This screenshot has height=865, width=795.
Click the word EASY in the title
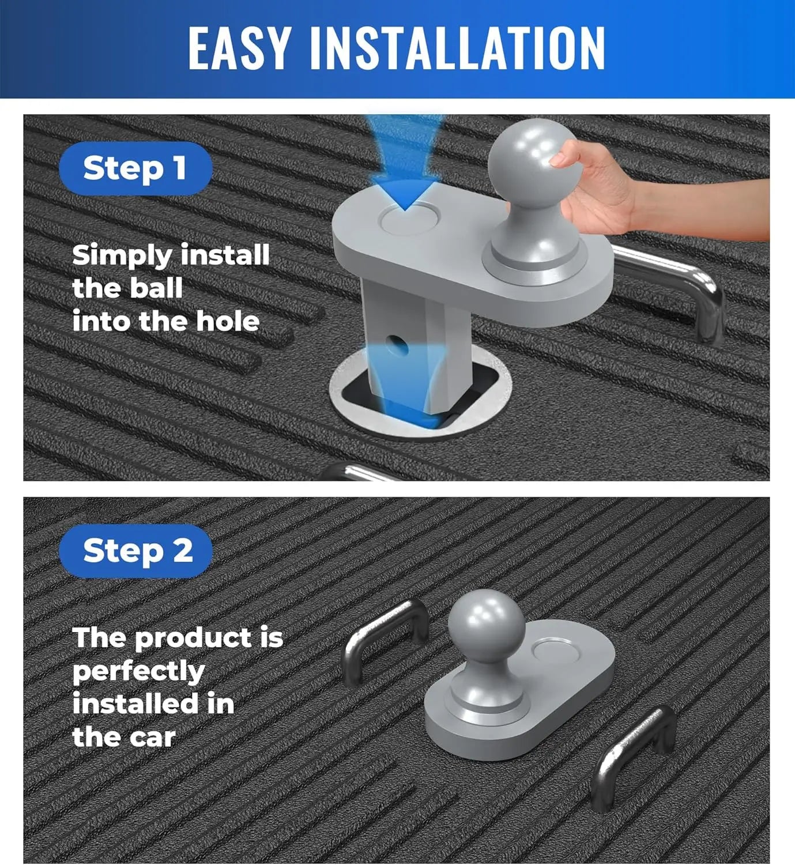tap(239, 48)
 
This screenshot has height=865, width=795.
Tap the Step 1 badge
tap(135, 168)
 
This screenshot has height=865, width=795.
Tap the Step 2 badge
tap(135, 551)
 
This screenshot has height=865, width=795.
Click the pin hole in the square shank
tap(397, 345)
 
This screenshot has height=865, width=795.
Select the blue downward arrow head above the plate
tap(405, 192)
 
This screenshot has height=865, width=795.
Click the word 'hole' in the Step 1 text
tap(228, 321)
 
